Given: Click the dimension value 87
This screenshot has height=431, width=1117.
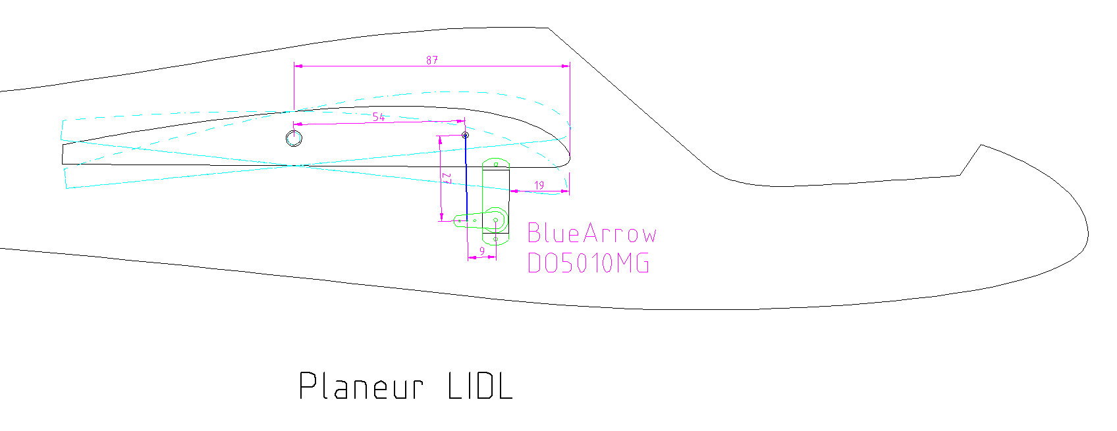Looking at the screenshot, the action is click(x=432, y=61).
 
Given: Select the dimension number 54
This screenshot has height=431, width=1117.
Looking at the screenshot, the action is click(x=379, y=117).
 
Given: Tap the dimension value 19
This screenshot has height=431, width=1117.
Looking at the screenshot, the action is click(x=539, y=186).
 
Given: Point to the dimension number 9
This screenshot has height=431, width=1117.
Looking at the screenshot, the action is click(x=481, y=251).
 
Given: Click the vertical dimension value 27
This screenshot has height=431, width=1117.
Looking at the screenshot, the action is click(x=447, y=178).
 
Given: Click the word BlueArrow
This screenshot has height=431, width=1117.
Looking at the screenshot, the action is click(x=592, y=233).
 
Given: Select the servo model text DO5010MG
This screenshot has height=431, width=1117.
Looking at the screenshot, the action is click(x=588, y=263).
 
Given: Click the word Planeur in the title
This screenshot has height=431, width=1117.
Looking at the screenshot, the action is click(x=362, y=386).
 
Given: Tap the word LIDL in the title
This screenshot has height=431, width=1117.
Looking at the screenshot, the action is click(x=480, y=386).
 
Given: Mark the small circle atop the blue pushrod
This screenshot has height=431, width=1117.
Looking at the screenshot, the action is click(x=465, y=135).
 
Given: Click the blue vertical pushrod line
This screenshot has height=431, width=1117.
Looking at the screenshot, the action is click(x=466, y=178).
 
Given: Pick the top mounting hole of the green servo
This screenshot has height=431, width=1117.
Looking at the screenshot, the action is click(x=496, y=164).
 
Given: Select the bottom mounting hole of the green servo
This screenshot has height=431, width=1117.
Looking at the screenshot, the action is click(x=496, y=240).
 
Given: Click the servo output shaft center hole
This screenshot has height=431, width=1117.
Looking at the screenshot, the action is click(x=496, y=220).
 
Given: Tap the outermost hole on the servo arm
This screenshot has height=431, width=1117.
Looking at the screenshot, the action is click(x=459, y=220).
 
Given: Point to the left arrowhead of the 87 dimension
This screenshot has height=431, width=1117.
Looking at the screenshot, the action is click(x=298, y=66).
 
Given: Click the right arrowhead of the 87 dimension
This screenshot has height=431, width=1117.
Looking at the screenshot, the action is click(x=566, y=66).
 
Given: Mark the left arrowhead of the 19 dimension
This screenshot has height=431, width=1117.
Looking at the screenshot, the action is click(x=514, y=190).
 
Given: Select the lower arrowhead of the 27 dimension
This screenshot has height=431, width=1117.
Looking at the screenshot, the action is click(x=441, y=216).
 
